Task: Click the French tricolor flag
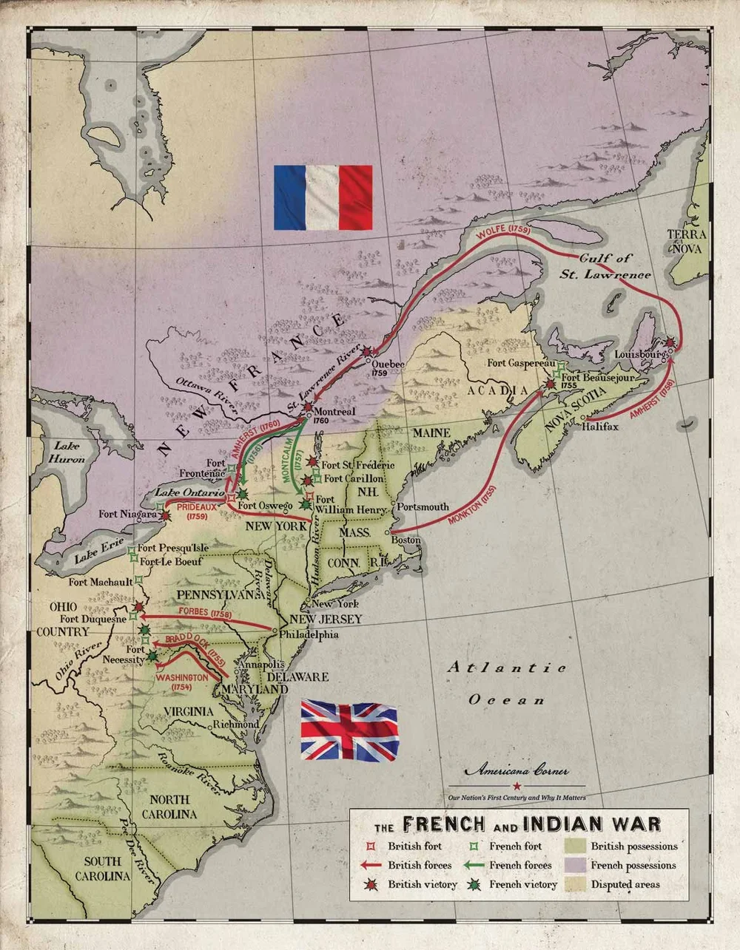tap(323, 197)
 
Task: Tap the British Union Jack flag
tap(349, 730)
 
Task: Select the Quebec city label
tap(388, 364)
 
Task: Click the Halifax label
tap(600, 427)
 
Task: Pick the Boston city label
tap(406, 540)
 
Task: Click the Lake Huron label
tap(67, 452)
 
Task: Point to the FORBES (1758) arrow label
tap(205, 613)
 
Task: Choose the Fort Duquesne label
tap(93, 619)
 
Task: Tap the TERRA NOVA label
tap(687, 242)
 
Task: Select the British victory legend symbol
tap(371, 884)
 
